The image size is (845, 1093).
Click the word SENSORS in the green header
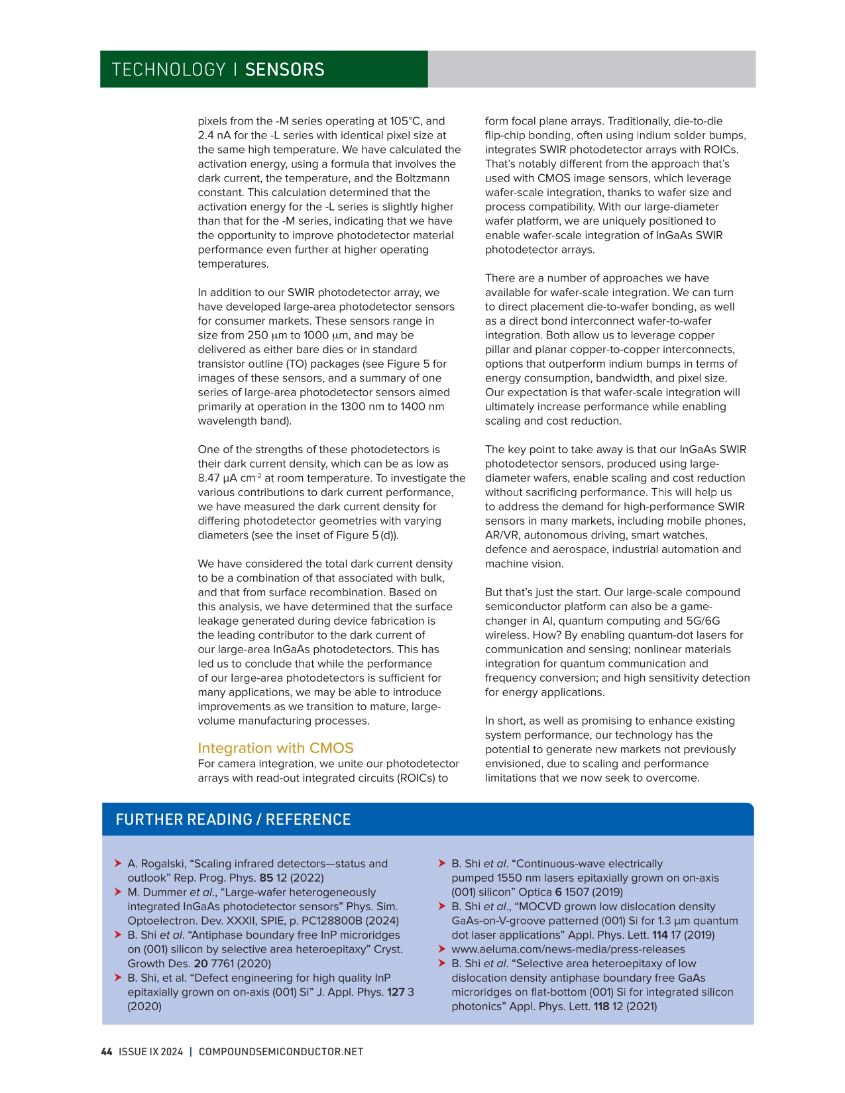(x=284, y=70)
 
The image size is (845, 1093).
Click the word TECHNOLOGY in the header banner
(x=168, y=70)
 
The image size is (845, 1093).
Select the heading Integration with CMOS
(x=275, y=748)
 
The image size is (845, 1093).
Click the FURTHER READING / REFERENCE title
(x=233, y=819)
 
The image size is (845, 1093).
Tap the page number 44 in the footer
(x=106, y=1051)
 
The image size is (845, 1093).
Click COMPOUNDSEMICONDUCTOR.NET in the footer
(x=281, y=1051)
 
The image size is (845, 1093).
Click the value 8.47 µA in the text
(x=217, y=478)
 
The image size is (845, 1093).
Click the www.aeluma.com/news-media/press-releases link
(x=568, y=949)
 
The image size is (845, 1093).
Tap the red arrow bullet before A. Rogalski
(x=118, y=863)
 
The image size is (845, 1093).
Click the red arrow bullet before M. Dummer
(x=118, y=892)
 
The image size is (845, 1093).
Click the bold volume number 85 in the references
(x=266, y=878)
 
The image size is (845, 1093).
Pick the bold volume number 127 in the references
(x=396, y=992)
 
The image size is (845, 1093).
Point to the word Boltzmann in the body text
(x=421, y=178)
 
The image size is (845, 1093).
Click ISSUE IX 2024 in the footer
(x=150, y=1051)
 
